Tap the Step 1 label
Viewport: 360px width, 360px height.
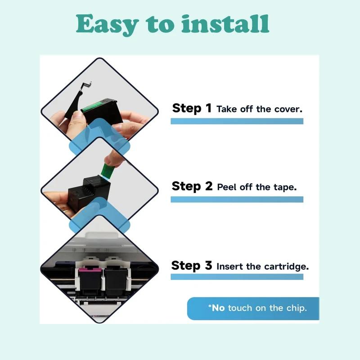(x=192, y=108)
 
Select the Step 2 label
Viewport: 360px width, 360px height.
(x=192, y=186)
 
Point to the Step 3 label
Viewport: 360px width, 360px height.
(x=192, y=265)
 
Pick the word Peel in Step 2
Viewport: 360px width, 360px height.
(x=227, y=187)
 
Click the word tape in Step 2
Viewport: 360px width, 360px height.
(x=284, y=187)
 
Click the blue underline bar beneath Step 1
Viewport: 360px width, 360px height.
(x=237, y=121)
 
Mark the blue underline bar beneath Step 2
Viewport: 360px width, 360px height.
(x=237, y=199)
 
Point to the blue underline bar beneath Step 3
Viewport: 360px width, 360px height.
(x=237, y=277)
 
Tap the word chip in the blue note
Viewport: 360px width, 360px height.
(x=297, y=308)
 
